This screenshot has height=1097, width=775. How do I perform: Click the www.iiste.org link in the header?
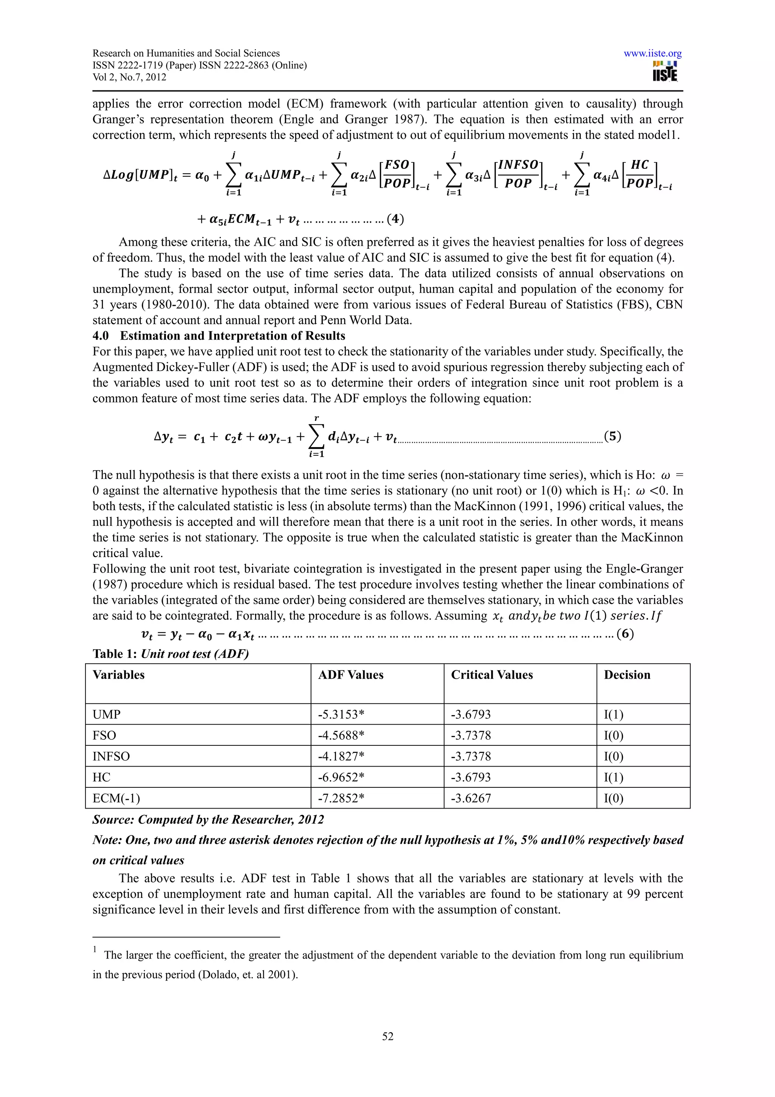[652, 53]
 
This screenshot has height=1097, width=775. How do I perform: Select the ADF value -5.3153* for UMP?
[341, 714]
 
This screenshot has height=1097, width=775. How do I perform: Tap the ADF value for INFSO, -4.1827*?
[341, 756]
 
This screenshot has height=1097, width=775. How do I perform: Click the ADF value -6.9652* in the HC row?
[341, 778]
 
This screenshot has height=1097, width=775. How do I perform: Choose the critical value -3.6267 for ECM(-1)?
[471, 798]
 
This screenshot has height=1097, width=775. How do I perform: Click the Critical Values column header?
[492, 675]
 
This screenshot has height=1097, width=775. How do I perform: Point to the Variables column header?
[118, 675]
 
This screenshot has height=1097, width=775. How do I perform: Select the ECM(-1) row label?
[116, 798]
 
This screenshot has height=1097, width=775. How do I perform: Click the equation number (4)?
[395, 219]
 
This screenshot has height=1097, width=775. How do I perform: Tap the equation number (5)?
[613, 436]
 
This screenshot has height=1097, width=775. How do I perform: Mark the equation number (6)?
[625, 634]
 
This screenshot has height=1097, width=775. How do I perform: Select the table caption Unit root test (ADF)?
[195, 654]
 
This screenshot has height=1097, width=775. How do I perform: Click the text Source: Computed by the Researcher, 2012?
[208, 820]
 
